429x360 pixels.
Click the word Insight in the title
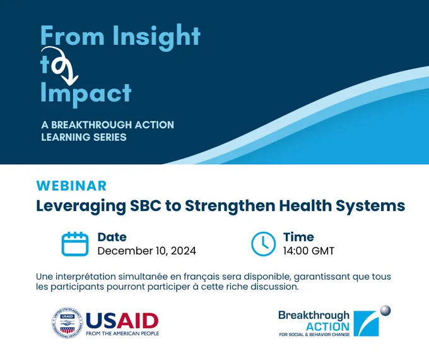point(156,37)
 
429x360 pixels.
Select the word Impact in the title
point(86,93)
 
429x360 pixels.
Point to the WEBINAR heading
point(71,186)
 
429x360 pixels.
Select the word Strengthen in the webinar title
point(230,206)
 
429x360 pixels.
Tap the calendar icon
point(75,244)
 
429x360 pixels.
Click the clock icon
point(263,244)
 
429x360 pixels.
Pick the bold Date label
point(112,237)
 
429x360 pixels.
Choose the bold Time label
point(298,237)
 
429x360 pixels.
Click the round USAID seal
point(68,323)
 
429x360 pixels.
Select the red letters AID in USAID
point(138,321)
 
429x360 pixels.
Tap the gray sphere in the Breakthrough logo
point(385,311)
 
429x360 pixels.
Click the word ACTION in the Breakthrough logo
point(327,327)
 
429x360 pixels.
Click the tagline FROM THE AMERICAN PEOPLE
point(122,333)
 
